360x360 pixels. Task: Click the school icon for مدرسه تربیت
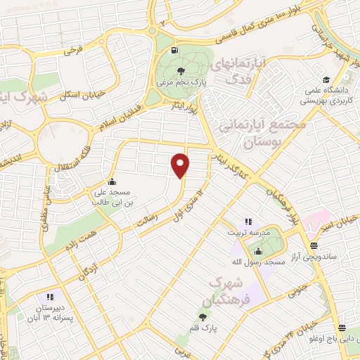(247, 221)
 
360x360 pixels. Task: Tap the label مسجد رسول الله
(257, 262)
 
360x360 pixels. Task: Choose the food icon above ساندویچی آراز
(313, 246)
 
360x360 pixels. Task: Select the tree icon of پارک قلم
(204, 318)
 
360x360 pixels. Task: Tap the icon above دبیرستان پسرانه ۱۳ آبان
(49, 297)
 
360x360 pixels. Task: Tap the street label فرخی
(72, 51)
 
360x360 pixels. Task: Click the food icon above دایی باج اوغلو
(342, 328)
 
